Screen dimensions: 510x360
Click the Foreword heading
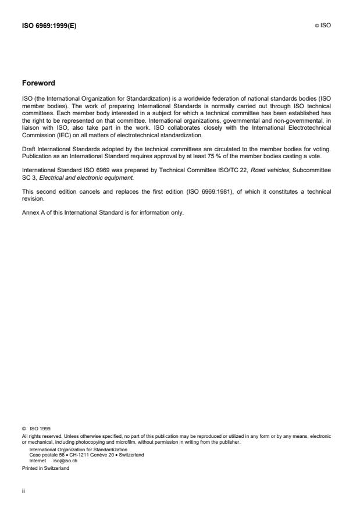click(x=38, y=83)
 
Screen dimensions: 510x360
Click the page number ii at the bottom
click(x=23, y=490)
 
